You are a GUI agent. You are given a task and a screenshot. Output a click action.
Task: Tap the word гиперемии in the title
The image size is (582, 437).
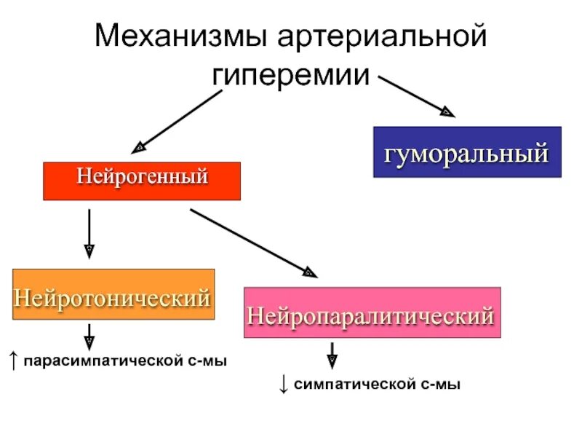pyautogui.click(x=291, y=75)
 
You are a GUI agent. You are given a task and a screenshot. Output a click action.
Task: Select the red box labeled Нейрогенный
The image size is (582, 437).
pyautogui.click(x=142, y=181)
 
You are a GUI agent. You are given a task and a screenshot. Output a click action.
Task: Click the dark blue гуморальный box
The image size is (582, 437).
pyautogui.click(x=467, y=152)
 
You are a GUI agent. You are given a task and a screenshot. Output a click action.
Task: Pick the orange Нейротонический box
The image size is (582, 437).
pyautogui.click(x=113, y=294)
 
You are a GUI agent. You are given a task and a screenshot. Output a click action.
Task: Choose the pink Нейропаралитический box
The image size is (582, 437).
pyautogui.click(x=372, y=312)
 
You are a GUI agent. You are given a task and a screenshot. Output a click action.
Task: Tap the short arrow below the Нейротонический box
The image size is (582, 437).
pyautogui.click(x=89, y=334)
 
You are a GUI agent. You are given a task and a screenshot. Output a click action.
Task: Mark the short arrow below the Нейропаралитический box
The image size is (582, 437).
pyautogui.click(x=332, y=355)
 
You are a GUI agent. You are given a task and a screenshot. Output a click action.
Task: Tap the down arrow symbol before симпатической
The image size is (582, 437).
pyautogui.click(x=284, y=383)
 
